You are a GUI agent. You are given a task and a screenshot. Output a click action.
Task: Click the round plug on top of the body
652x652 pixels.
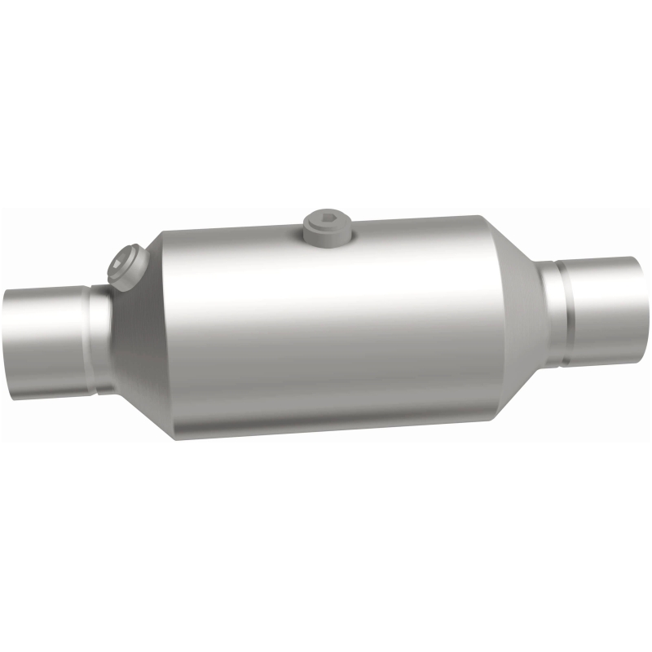(328, 226)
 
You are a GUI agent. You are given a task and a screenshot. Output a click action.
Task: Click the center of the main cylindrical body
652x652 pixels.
(326, 326)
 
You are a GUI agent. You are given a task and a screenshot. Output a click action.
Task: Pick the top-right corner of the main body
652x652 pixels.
(481, 218)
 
